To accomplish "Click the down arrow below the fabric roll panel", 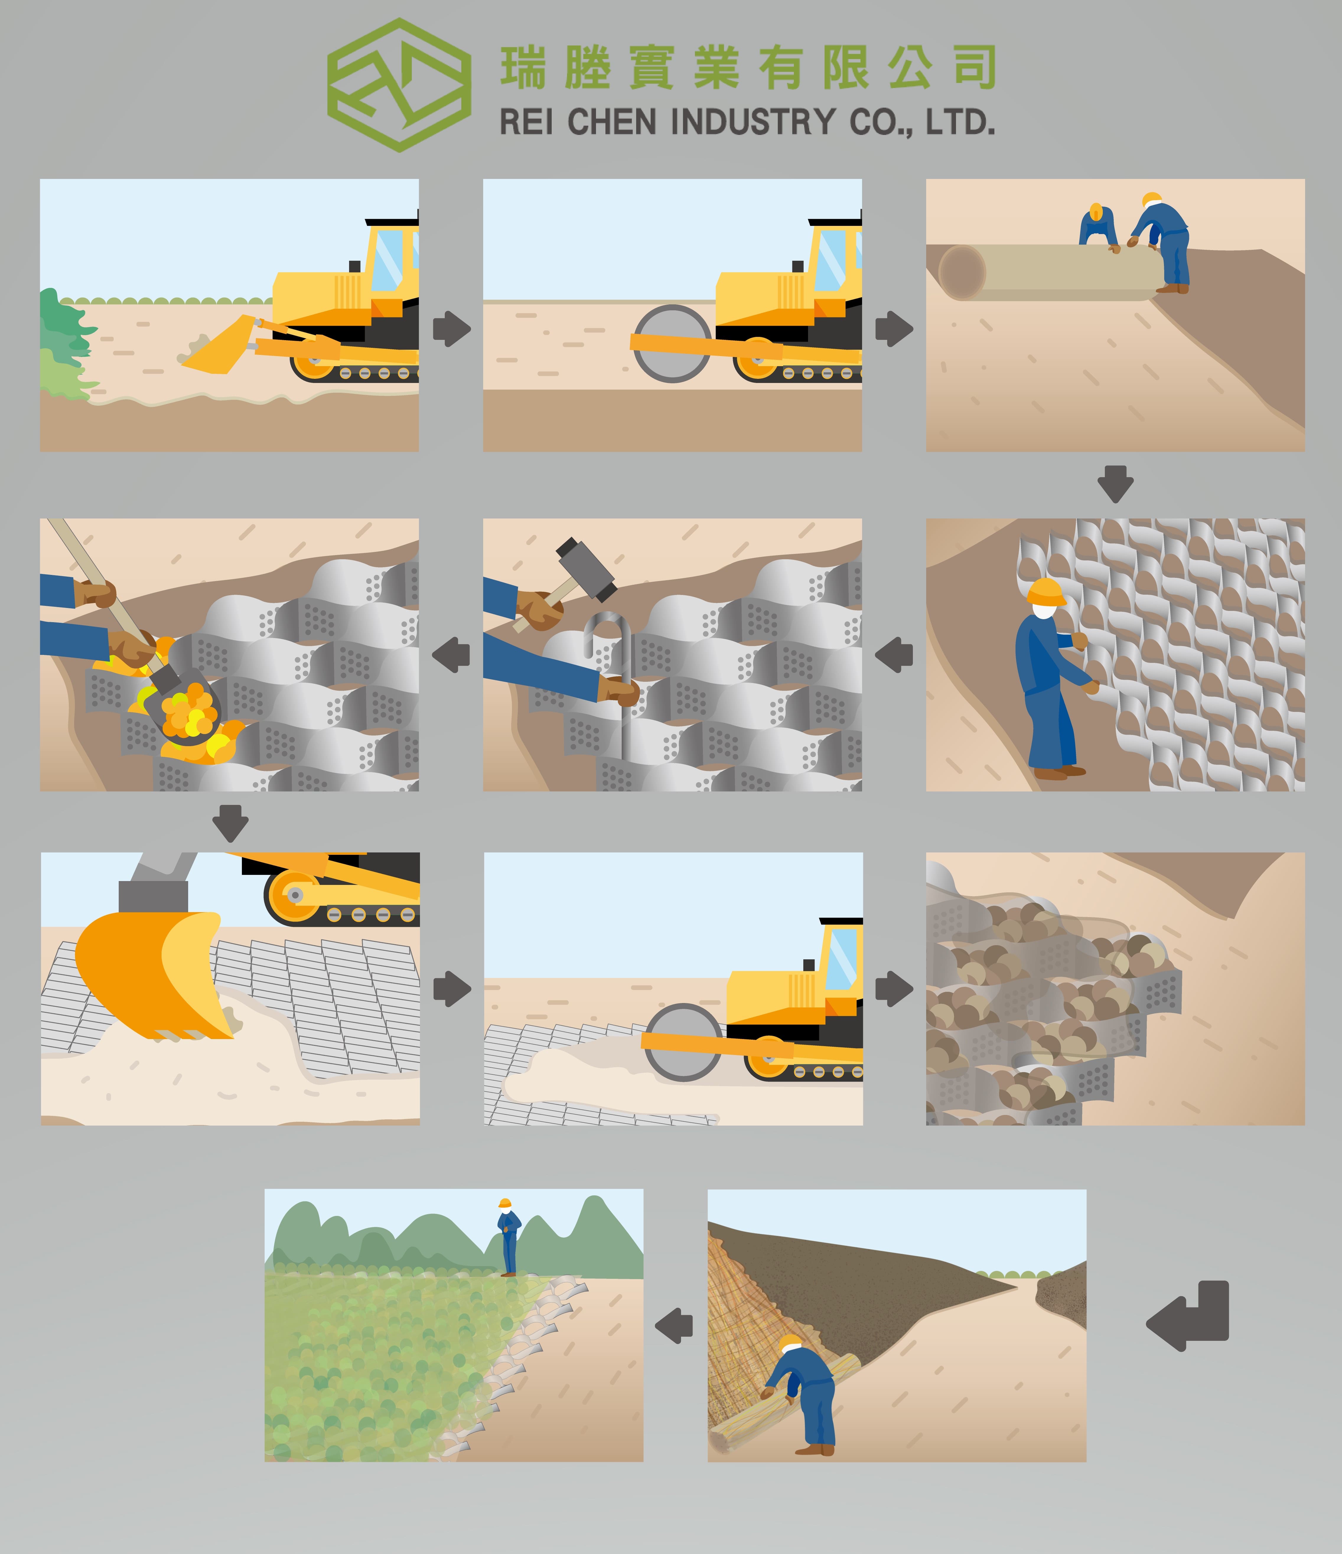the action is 1115,484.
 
